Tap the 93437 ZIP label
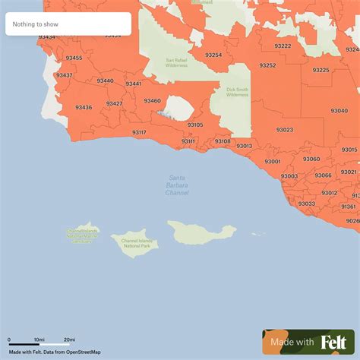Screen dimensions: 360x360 [x=65, y=75]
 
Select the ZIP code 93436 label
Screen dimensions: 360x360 [x=84, y=108]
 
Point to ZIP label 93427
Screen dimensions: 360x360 [x=115, y=103]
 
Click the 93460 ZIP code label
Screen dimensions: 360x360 [x=152, y=101]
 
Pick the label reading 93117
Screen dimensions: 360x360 [x=139, y=132]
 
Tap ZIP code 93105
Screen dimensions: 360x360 [x=195, y=125]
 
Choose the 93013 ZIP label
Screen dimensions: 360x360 [x=244, y=146]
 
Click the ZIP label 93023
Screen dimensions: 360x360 [x=285, y=130]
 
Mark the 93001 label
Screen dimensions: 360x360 [x=273, y=161]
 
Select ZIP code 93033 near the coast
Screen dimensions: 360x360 [x=306, y=204]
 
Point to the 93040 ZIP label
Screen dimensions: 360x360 [x=339, y=111]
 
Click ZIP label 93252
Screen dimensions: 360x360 [x=267, y=65]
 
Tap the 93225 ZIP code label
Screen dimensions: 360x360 [x=321, y=70]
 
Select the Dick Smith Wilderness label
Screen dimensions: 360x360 [x=237, y=92]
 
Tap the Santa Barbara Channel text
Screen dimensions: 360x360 [x=177, y=185]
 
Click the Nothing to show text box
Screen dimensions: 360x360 [x=68, y=24]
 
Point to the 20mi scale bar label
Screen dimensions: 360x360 [x=69, y=339]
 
